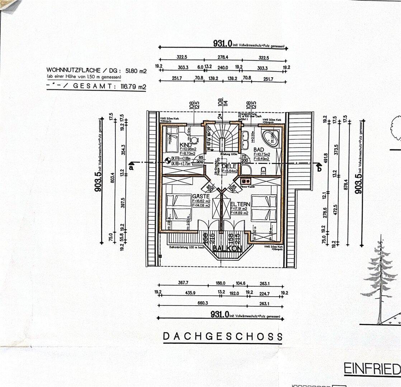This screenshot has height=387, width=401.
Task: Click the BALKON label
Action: (x=227, y=248)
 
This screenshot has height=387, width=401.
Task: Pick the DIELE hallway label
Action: (x=229, y=167)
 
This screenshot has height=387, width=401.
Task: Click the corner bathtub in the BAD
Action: (x=270, y=137)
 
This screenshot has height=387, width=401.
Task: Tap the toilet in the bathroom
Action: (x=263, y=169)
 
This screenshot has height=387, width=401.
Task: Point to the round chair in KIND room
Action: (x=194, y=140)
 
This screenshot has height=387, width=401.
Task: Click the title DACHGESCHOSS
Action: (x=222, y=336)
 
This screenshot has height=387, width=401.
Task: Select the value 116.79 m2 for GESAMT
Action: (x=132, y=86)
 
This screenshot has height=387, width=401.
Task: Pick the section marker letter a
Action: (x=131, y=167)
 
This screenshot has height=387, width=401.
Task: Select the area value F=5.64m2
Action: (x=230, y=171)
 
